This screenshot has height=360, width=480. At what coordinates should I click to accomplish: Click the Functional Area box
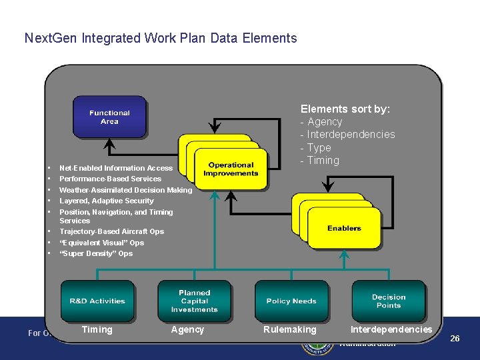(109, 117)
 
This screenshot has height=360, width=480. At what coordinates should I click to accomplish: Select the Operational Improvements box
(231, 169)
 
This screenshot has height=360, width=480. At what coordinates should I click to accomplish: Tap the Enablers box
(344, 228)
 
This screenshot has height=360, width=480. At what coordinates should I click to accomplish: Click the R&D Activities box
(97, 301)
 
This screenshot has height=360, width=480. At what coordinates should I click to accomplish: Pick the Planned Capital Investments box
(194, 301)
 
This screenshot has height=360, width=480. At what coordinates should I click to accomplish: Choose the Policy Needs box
(291, 301)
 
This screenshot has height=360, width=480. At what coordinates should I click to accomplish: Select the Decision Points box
(388, 301)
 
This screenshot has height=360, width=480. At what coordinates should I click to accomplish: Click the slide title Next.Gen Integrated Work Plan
(160, 38)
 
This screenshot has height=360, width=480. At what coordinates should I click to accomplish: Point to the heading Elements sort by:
(345, 109)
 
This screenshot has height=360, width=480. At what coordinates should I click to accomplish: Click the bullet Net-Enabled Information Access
(115, 168)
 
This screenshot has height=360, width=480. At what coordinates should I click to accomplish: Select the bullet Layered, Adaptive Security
(106, 201)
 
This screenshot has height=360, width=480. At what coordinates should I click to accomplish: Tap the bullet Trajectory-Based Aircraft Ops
(111, 231)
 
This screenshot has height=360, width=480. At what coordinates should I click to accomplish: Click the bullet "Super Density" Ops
(96, 253)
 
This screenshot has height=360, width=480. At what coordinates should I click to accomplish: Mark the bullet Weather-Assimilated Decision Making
(125, 190)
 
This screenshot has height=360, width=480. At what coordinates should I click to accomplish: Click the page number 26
(455, 338)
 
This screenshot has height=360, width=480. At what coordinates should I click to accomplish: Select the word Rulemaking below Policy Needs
(290, 329)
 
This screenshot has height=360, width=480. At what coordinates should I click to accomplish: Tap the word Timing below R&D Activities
(97, 329)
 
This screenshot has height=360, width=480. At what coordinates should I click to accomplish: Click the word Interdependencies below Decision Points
(391, 329)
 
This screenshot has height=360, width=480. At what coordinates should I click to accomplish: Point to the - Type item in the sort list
(316, 147)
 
